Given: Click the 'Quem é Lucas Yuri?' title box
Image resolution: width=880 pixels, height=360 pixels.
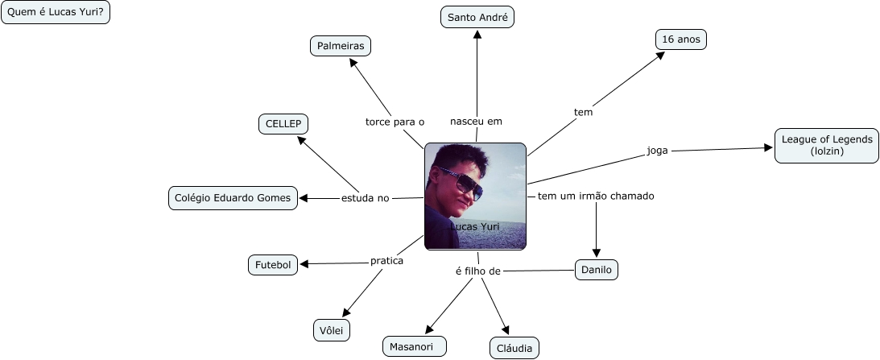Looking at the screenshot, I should (56, 13).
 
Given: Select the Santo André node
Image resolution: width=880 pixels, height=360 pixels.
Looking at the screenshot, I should (477, 17).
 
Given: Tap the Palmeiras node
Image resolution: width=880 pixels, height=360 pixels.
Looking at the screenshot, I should (341, 46).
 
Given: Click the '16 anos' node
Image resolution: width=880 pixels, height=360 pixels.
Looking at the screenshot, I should (680, 39).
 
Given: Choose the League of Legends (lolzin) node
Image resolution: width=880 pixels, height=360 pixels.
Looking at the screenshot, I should (826, 145).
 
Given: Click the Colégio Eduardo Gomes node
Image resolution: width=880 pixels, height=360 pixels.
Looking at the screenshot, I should (233, 198).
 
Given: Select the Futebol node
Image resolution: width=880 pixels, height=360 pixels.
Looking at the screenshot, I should (273, 264).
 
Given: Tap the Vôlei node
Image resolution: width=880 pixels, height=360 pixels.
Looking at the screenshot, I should (332, 329).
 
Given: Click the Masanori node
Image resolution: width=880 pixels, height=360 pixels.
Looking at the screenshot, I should (414, 346).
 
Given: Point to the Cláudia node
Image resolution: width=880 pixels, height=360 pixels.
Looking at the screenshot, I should (514, 347).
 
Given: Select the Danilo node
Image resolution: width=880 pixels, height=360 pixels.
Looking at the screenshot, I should (597, 270).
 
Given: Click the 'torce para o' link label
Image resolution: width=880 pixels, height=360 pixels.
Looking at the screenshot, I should (395, 122).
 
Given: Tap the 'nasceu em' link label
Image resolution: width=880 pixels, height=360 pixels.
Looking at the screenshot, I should (476, 121).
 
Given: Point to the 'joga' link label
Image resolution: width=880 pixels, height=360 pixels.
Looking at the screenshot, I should (658, 150).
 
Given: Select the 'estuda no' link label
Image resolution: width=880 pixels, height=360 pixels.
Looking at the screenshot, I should (365, 198).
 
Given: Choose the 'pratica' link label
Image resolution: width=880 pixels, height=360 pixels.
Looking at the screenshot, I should (386, 260).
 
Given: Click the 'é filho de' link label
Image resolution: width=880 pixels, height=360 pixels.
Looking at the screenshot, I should (478, 271).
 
